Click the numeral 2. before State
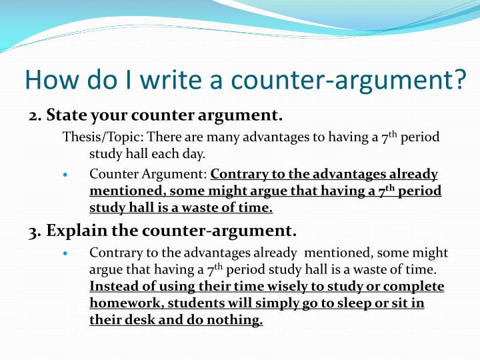[35, 116]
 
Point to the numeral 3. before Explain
[35, 231]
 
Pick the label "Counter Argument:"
[149, 175]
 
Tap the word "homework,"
[126, 303]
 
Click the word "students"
[193, 303]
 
